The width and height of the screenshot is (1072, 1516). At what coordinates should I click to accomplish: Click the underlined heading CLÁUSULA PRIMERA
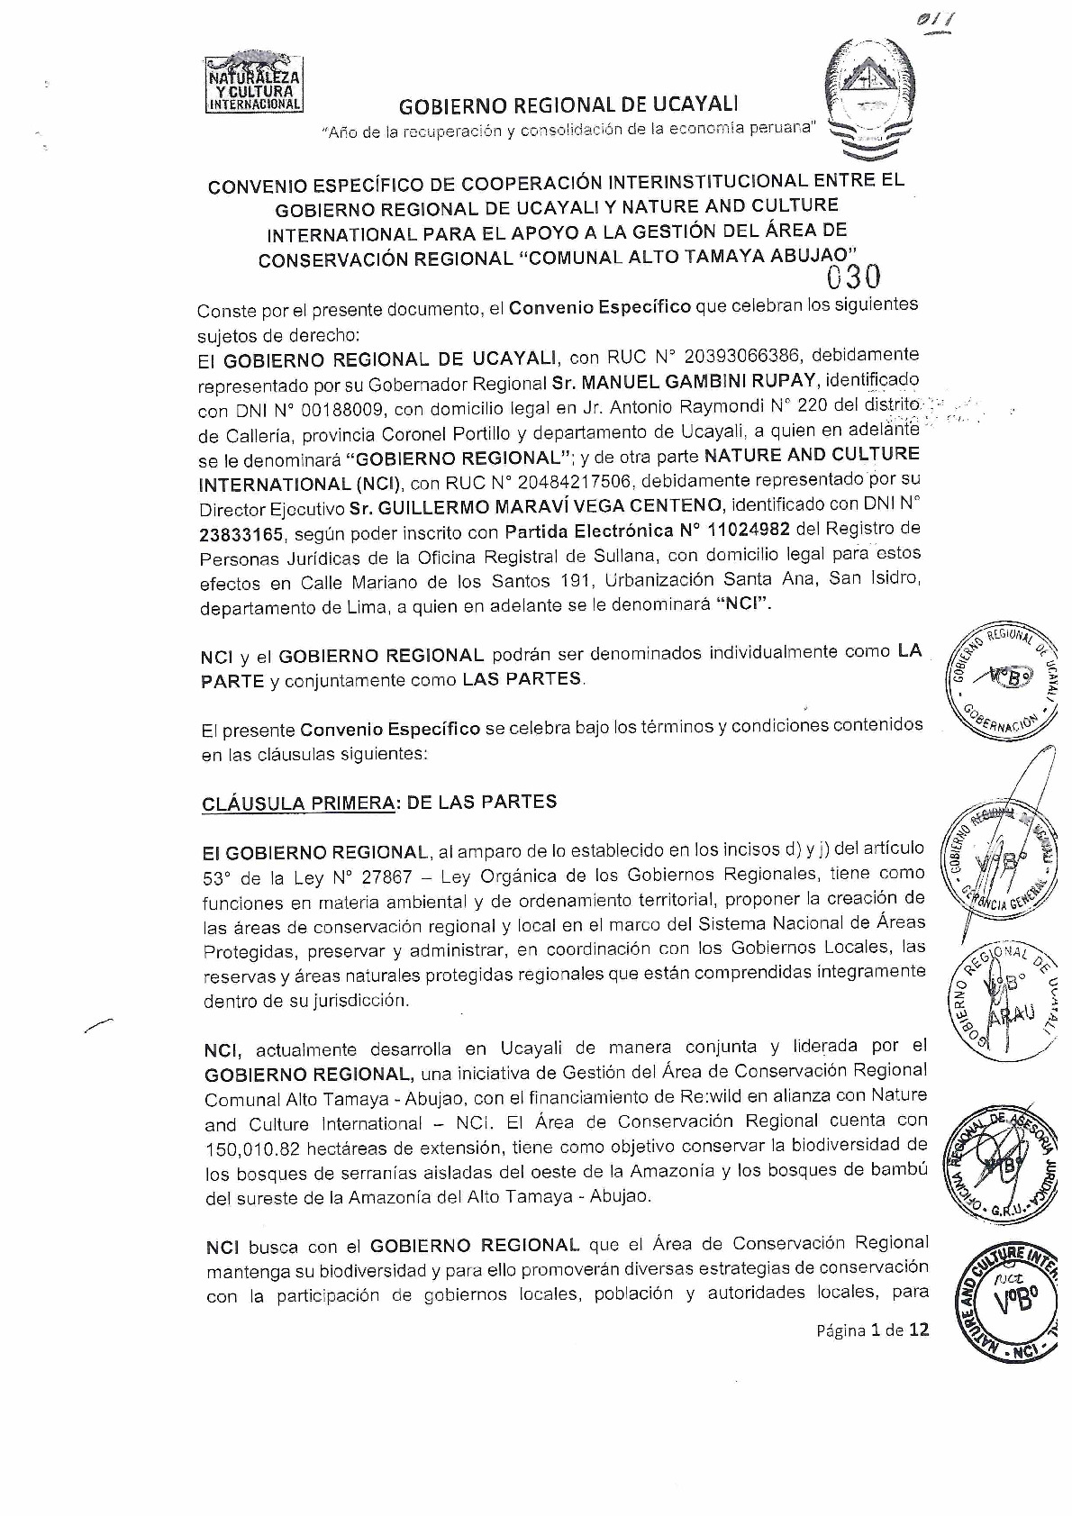[299, 803]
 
